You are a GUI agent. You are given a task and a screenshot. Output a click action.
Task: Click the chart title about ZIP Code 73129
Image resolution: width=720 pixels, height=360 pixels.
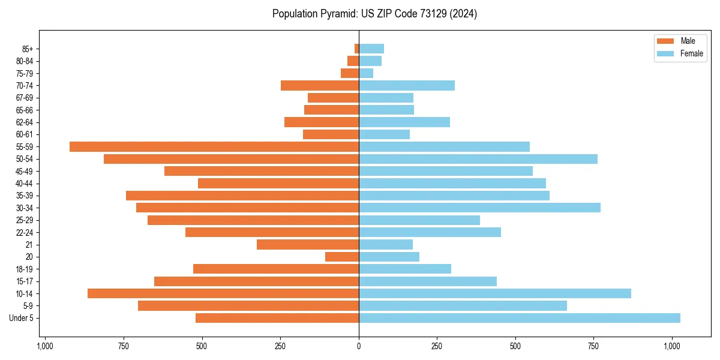pyautogui.click(x=374, y=14)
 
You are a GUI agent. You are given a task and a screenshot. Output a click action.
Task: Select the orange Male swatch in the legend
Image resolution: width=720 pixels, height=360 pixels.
pyautogui.click(x=665, y=41)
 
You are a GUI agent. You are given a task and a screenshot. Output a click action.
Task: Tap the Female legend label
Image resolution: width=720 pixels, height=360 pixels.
pyautogui.click(x=691, y=53)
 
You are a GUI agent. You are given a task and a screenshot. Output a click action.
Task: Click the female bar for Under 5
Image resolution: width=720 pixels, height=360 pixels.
pyautogui.click(x=519, y=318)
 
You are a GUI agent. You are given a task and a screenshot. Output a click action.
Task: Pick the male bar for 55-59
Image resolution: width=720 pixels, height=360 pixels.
pyautogui.click(x=214, y=146)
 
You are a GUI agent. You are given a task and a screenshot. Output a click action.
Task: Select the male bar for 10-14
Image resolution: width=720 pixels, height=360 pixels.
pyautogui.click(x=223, y=293)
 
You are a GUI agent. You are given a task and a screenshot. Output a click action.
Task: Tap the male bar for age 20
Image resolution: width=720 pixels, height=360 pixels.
pyautogui.click(x=342, y=257)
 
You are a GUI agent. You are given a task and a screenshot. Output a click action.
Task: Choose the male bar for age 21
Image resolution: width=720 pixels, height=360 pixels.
pyautogui.click(x=308, y=244)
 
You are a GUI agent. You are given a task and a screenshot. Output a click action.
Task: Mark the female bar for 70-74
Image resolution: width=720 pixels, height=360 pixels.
pyautogui.click(x=407, y=85)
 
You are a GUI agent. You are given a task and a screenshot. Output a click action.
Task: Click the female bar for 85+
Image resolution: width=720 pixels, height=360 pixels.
pyautogui.click(x=371, y=49)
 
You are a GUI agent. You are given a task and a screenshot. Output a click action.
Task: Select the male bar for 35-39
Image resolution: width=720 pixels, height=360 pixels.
pyautogui.click(x=242, y=196)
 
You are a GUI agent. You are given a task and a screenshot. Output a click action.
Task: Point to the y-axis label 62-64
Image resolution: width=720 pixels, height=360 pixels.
pyautogui.click(x=25, y=122)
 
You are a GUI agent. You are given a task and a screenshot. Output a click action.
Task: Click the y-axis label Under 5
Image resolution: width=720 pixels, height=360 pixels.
pyautogui.click(x=22, y=318)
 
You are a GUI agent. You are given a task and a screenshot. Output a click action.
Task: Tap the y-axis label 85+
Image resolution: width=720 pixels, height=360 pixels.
pyautogui.click(x=28, y=49)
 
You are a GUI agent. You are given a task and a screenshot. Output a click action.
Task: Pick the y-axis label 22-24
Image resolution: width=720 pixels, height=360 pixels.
pyautogui.click(x=25, y=232)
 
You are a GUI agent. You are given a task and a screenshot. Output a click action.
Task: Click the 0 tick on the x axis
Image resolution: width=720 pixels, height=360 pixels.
pyautogui.click(x=359, y=346)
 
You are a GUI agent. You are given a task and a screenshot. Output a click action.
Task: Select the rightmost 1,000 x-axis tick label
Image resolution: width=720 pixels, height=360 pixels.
pyautogui.click(x=671, y=346)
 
